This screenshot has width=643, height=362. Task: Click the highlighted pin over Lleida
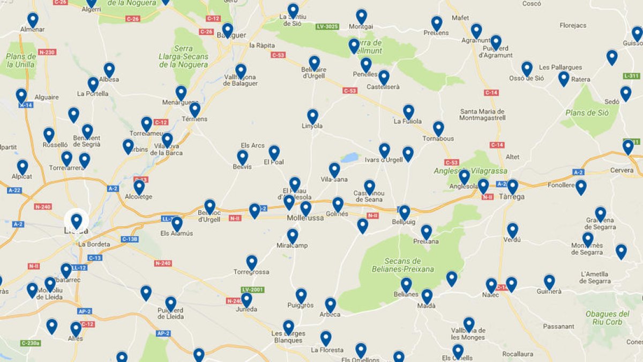[77, 220]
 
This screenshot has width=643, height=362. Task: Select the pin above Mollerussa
[305, 208]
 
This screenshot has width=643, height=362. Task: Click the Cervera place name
[622, 171]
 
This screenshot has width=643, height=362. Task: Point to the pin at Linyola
[312, 116]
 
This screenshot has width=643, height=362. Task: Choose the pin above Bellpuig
[405, 212]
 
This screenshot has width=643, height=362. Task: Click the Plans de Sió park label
[587, 113]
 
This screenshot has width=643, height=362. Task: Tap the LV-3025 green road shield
[327, 26]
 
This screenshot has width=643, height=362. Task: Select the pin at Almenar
[33, 20]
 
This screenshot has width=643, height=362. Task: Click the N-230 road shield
[47, 52]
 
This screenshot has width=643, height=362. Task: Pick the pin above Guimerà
[549, 282]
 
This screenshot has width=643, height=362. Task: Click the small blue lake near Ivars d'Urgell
[350, 158]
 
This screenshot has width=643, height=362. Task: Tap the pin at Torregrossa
[252, 262]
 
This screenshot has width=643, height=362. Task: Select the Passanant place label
[558, 326]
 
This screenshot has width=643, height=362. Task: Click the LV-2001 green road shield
[252, 290]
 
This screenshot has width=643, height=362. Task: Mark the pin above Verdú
[512, 230]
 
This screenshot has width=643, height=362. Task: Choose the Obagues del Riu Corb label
[607, 318]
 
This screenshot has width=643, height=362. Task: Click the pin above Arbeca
[330, 305]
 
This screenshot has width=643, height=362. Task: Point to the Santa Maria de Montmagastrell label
[482, 115]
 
